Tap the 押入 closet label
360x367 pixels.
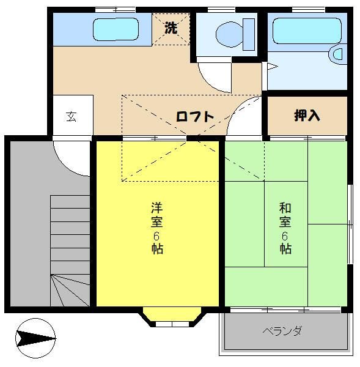307,115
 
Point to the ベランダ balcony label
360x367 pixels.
282,332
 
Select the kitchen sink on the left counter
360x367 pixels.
116,29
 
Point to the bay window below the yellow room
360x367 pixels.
171,318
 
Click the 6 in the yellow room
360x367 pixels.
157,236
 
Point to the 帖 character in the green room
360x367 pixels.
285,248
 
